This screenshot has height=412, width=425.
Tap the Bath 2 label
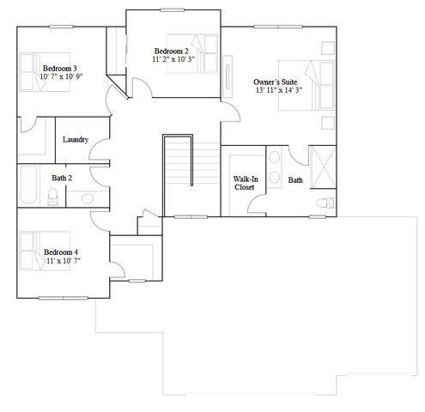pos(60,178)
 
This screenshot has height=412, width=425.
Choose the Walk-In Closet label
pos(244,184)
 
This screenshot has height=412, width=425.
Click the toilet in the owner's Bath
pos(325,203)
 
